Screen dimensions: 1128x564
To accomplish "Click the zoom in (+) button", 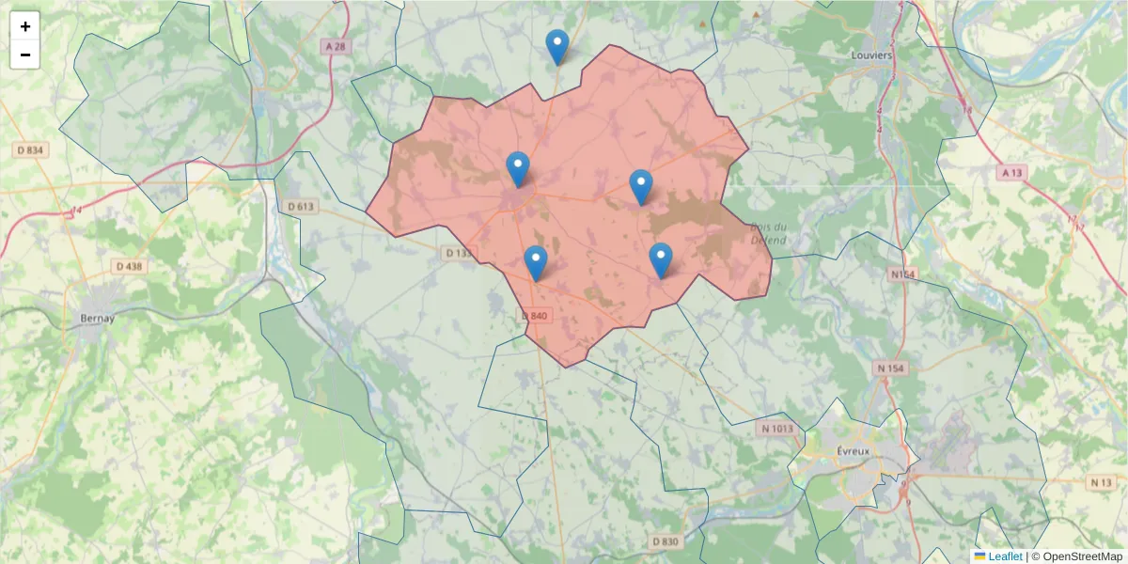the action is [x=25, y=26].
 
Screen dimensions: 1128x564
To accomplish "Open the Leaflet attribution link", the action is [x=1004, y=556].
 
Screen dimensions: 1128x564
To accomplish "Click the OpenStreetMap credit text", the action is [x=1076, y=556].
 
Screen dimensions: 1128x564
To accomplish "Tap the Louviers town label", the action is [x=870, y=55].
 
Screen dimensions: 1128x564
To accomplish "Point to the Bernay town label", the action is [x=98, y=318].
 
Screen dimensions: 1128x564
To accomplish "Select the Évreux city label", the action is [x=854, y=450].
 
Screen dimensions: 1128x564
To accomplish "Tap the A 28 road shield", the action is [x=334, y=46].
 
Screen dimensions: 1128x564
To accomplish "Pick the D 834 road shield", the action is [x=33, y=149].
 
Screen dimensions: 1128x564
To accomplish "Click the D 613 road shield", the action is [x=300, y=206].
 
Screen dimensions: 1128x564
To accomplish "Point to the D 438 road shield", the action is [x=130, y=266].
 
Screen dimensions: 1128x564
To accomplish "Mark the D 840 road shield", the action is [x=533, y=316].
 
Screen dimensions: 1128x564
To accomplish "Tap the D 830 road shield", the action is [x=665, y=541].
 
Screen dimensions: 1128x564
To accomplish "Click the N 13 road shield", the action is [x=1102, y=482].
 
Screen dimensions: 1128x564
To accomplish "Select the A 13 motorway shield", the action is [x=1011, y=173].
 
